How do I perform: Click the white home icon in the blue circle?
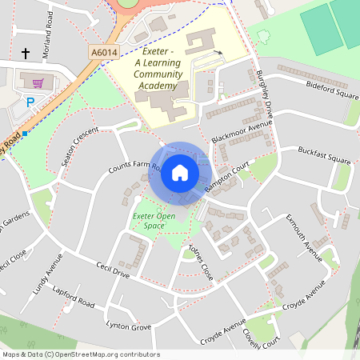pos(180,173)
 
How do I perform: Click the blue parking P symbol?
pos(30,102)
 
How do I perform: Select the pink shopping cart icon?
pos(37,82)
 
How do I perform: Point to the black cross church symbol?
pos(25,54)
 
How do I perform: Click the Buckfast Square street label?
pos(324,154)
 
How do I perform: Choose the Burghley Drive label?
pos(266,95)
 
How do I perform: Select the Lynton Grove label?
pos(129,325)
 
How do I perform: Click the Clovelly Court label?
pos(262,332)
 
